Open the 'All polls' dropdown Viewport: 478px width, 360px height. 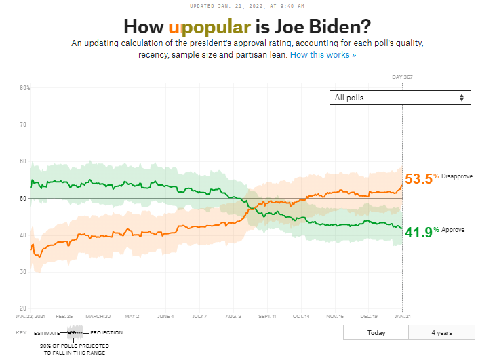pos(399,98)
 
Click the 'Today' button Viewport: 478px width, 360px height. pos(376,333)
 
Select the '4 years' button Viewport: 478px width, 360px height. pos(441,333)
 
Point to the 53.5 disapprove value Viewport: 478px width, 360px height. pos(418,179)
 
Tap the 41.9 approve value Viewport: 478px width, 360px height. pos(418,233)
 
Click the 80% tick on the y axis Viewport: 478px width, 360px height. pos(24,88)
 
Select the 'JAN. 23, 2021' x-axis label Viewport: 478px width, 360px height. pos(30,316)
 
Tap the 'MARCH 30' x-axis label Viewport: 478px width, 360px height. pos(98,316)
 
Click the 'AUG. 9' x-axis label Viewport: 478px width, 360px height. pos(233,316)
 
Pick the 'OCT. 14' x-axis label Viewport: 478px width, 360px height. pos(302,316)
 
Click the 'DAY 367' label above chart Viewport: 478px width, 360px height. pos(402,77)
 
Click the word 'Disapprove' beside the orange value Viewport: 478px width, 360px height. pos(457,176)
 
